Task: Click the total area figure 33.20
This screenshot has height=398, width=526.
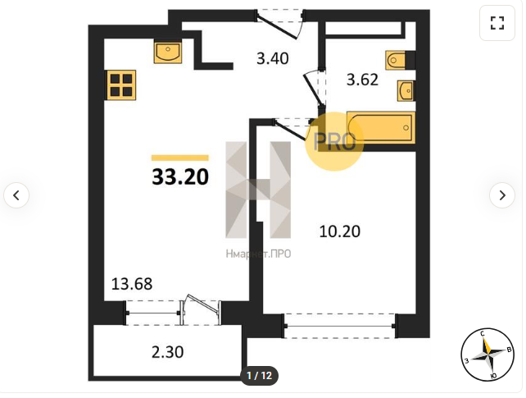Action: coord(180,177)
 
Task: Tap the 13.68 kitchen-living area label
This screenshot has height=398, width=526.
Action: coord(132,284)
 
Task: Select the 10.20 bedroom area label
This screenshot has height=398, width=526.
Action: coord(340,231)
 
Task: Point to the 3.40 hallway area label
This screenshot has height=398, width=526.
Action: coord(272,58)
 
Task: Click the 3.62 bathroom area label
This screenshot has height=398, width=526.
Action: coord(362,80)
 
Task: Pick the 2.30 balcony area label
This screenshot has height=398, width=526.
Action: coord(167,352)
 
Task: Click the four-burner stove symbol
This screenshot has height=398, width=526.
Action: coord(121,85)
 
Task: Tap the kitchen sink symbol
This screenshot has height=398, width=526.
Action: coord(168,52)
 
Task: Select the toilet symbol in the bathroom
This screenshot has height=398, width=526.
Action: coord(400,60)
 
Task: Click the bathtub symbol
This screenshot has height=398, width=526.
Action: coord(380,128)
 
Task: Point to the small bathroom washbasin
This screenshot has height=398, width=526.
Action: coord(406,90)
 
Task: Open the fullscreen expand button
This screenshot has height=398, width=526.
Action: coord(497,23)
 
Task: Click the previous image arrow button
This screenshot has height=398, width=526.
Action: coord(16,195)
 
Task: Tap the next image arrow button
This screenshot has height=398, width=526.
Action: coord(502,195)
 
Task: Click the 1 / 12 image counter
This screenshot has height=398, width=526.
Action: coord(259,376)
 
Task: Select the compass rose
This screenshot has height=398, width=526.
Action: coord(487,355)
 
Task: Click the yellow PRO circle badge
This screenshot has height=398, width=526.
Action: coord(334,142)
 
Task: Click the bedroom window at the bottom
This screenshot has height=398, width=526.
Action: coord(340,326)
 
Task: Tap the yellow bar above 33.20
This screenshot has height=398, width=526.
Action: coord(180,158)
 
